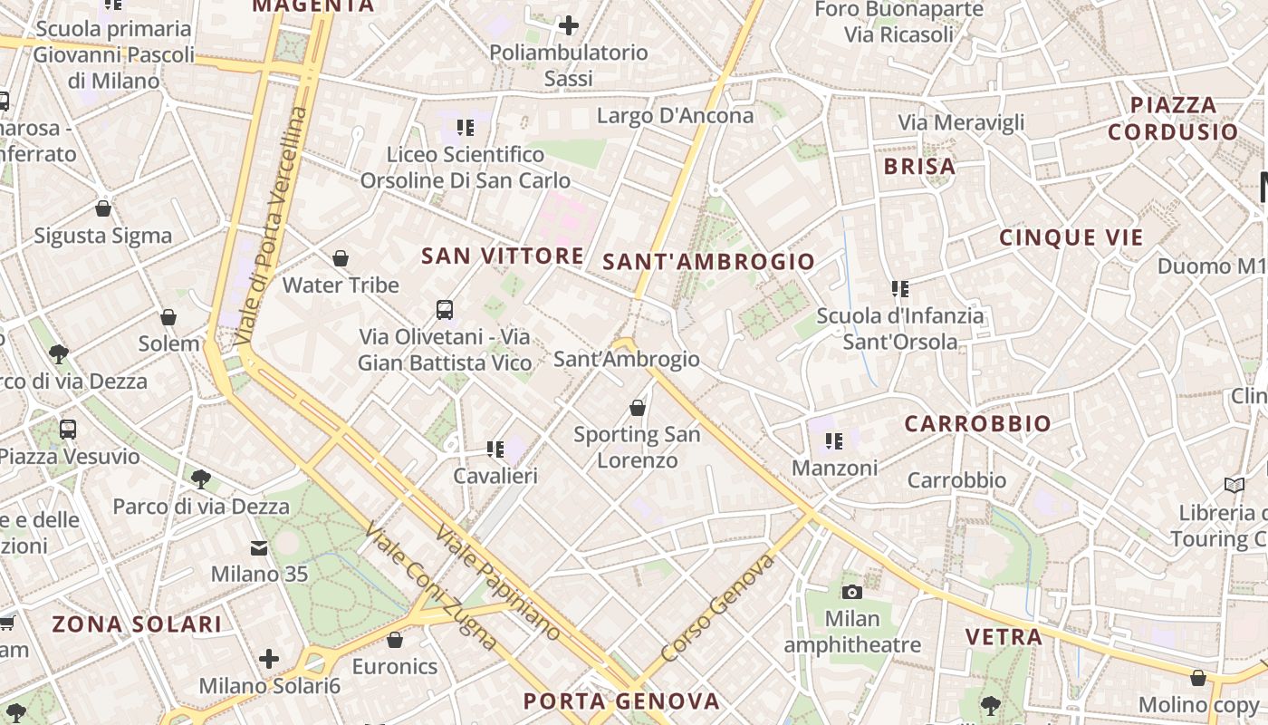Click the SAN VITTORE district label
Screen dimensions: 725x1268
(x=503, y=256)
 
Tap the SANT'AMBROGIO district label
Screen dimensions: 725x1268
(x=709, y=263)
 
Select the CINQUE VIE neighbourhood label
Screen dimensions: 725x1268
(x=1071, y=238)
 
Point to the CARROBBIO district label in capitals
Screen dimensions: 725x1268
(x=978, y=424)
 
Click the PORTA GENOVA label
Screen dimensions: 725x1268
(x=622, y=701)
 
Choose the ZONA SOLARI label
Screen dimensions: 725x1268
(x=137, y=624)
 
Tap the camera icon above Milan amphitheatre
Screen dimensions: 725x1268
(x=851, y=592)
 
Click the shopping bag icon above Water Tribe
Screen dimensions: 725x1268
(x=341, y=259)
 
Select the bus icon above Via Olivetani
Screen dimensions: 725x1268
(x=445, y=310)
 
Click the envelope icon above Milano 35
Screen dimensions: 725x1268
(x=259, y=547)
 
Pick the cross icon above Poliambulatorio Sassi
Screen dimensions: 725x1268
(x=569, y=25)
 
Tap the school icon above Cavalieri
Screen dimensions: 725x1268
(x=495, y=449)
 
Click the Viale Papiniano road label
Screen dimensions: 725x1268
(x=497, y=582)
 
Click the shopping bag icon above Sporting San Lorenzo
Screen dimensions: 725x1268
(x=638, y=408)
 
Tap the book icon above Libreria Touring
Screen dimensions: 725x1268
(x=1234, y=485)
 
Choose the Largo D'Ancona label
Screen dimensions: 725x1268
(x=675, y=116)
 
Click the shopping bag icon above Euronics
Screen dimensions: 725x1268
(x=395, y=640)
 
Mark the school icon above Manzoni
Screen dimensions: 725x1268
(x=834, y=441)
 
